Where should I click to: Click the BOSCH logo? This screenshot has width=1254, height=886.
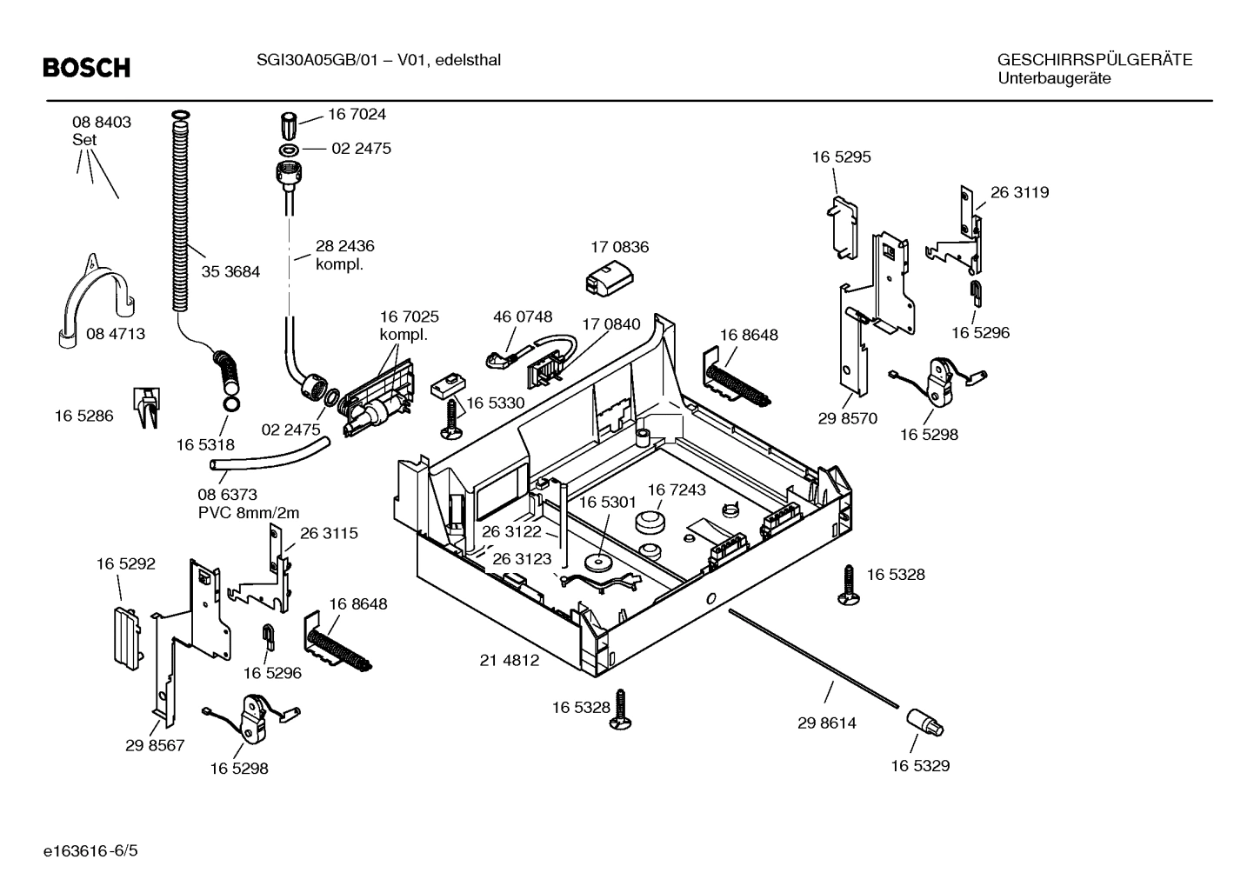pyautogui.click(x=86, y=68)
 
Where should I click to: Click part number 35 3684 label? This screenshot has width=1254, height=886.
pyautogui.click(x=230, y=271)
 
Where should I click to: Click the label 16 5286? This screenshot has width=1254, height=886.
pyautogui.click(x=83, y=416)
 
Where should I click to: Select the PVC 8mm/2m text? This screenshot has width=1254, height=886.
pyautogui.click(x=249, y=513)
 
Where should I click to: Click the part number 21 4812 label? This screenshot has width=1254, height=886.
pyautogui.click(x=510, y=660)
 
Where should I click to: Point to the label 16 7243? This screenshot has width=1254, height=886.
pyautogui.click(x=677, y=490)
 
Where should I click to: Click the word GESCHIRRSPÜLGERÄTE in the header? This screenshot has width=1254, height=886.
pyautogui.click(x=1094, y=60)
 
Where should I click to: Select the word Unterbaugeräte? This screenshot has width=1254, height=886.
pyautogui.click(x=1054, y=78)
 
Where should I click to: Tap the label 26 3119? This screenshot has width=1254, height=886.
pyautogui.click(x=1019, y=192)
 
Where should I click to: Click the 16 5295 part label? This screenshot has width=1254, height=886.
pyautogui.click(x=841, y=157)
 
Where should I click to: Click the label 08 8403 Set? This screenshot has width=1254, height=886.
pyautogui.click(x=101, y=130)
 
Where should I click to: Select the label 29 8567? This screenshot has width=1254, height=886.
pyautogui.click(x=155, y=745)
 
